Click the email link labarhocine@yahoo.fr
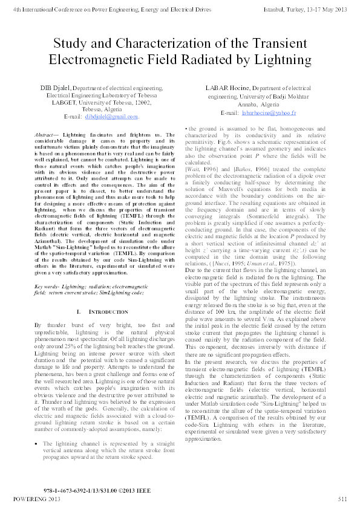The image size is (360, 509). click(268, 113)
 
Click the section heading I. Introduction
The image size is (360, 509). click(92, 311)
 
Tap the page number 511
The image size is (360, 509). click(342, 499)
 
